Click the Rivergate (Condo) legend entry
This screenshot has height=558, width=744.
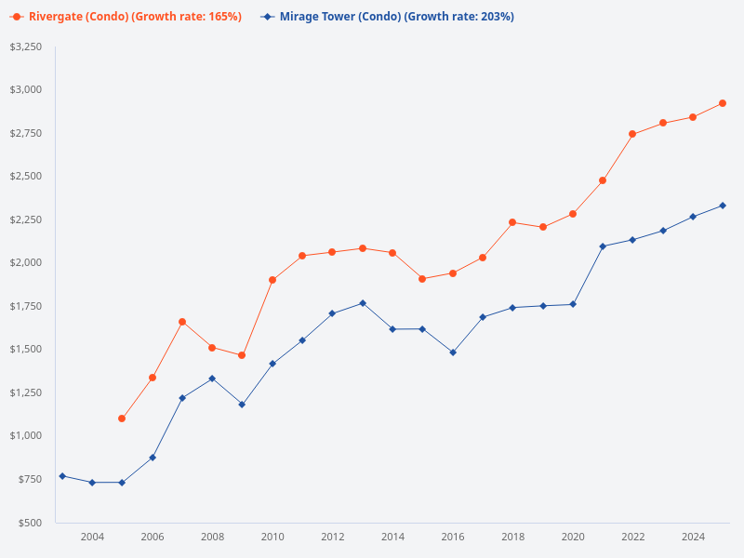click(126, 17)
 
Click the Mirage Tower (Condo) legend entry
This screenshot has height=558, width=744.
click(387, 17)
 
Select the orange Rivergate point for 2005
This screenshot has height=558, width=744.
click(122, 418)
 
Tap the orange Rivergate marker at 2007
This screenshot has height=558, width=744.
click(182, 322)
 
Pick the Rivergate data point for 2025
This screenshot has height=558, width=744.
click(723, 103)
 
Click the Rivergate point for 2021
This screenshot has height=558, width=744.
click(603, 180)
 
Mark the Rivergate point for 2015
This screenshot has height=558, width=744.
click(422, 279)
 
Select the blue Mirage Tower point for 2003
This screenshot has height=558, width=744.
click(62, 476)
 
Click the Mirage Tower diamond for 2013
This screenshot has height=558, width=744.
click(363, 303)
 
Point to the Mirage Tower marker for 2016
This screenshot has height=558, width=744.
click(453, 352)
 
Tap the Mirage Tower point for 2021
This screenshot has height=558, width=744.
click(603, 246)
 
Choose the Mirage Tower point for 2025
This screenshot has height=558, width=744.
click(723, 206)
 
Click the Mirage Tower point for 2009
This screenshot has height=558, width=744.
click(242, 405)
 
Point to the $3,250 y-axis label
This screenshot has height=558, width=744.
click(25, 46)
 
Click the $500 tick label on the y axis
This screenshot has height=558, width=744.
click(30, 523)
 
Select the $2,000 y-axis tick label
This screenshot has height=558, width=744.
click(25, 262)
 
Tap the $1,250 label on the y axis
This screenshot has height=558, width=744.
click(25, 392)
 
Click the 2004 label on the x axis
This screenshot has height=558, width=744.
click(92, 537)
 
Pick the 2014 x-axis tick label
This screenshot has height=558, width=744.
click(392, 537)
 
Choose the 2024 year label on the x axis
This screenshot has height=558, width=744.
click(693, 537)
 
